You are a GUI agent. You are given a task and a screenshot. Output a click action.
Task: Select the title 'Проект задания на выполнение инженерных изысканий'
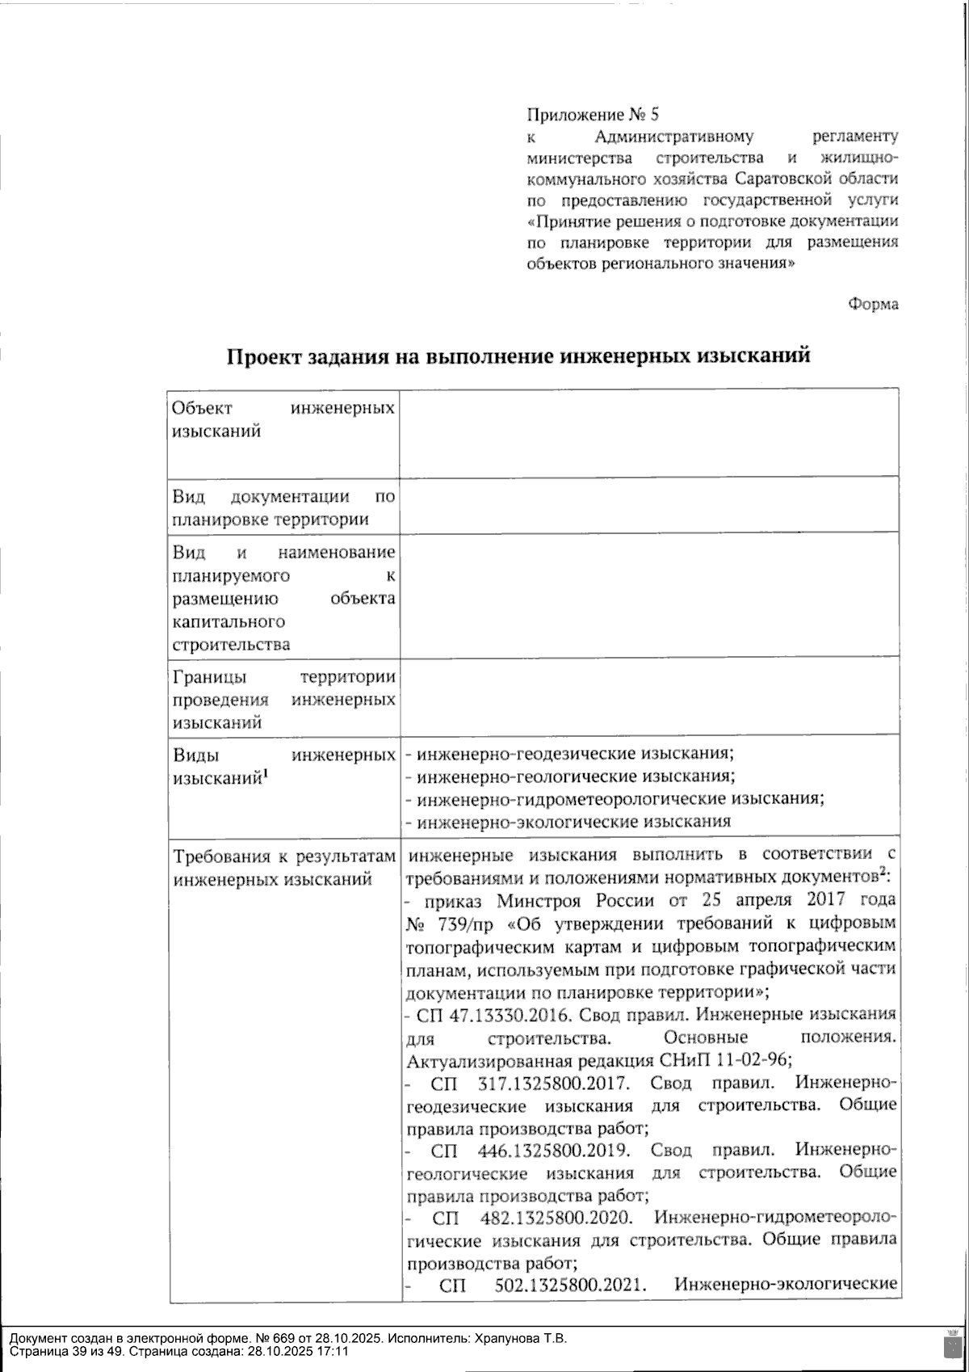(x=518, y=356)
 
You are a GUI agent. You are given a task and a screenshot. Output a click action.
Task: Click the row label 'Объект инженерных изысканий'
(x=283, y=419)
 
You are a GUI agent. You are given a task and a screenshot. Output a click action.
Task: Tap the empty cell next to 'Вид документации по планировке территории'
(x=648, y=505)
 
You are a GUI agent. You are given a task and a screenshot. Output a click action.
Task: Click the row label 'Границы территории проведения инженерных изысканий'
(x=283, y=700)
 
